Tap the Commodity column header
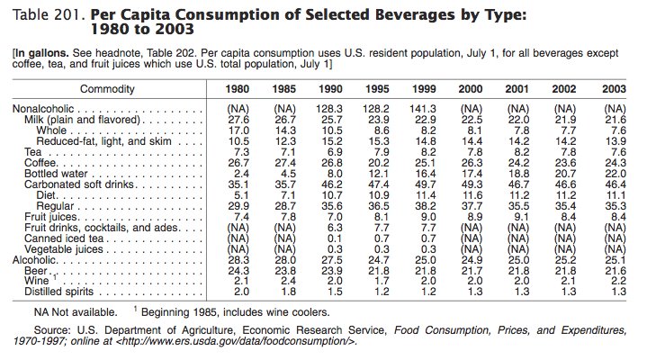[107, 88]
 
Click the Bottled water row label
[54, 172]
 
